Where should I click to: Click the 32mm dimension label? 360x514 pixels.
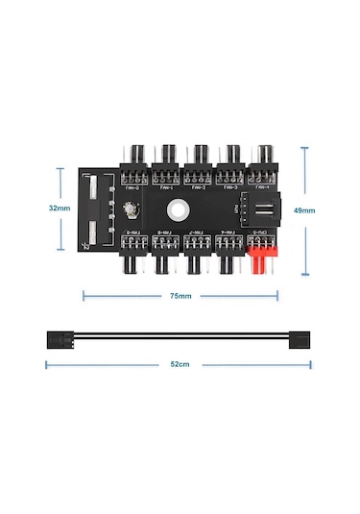(x=59, y=207)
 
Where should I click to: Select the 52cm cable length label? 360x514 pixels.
(x=179, y=364)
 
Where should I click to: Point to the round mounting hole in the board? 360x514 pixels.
(x=179, y=207)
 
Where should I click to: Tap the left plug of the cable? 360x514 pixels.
(x=60, y=339)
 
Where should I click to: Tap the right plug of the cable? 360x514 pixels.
(x=297, y=339)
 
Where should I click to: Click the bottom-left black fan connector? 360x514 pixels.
(x=133, y=253)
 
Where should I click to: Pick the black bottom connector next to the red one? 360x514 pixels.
(x=228, y=253)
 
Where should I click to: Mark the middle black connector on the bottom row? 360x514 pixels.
(x=197, y=253)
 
